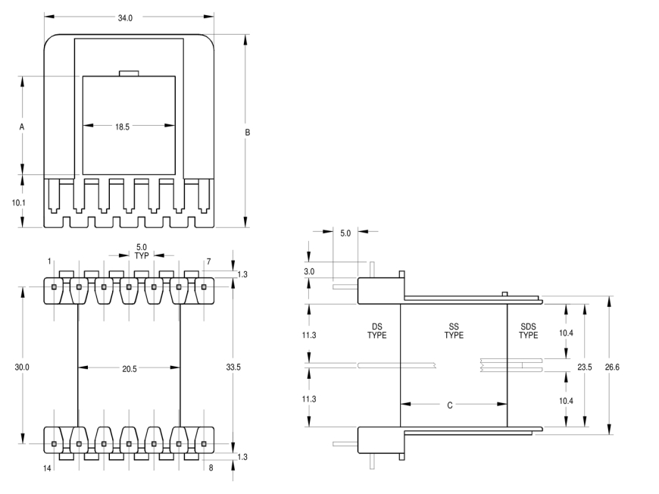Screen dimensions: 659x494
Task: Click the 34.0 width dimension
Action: (x=125, y=18)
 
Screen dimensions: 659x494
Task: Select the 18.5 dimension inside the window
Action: (x=122, y=127)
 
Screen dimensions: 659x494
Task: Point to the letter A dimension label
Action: (x=22, y=127)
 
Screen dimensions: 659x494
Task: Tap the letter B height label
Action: (x=248, y=133)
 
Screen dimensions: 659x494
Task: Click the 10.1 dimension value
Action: (x=18, y=202)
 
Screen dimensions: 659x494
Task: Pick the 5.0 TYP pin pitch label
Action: (x=142, y=252)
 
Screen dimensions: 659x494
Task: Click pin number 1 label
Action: (x=49, y=261)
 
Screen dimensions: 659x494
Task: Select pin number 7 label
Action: (x=208, y=261)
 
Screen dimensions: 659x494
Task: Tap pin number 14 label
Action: (x=47, y=468)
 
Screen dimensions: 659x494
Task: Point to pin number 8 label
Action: (x=211, y=467)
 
